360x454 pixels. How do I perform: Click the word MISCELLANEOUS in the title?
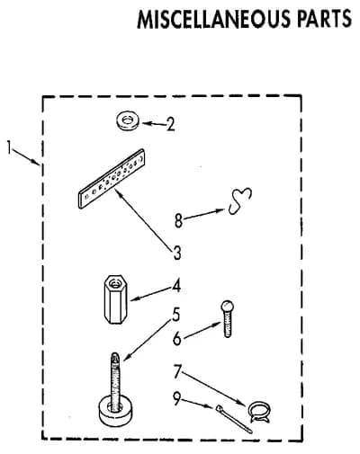[214, 19]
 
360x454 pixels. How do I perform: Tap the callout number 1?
[10, 147]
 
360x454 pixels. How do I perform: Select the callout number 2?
[170, 124]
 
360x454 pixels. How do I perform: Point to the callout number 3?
[177, 253]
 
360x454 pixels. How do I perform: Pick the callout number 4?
[176, 286]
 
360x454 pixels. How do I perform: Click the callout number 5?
[176, 315]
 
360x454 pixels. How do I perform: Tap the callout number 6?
[177, 338]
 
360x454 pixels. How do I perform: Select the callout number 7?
[177, 371]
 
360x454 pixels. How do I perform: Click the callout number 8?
[178, 221]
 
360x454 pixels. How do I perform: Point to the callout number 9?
[176, 398]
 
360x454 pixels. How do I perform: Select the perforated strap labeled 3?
[112, 179]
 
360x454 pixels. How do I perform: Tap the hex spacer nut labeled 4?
[115, 299]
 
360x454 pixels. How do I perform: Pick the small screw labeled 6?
[228, 319]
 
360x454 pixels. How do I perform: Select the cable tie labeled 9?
[234, 419]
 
